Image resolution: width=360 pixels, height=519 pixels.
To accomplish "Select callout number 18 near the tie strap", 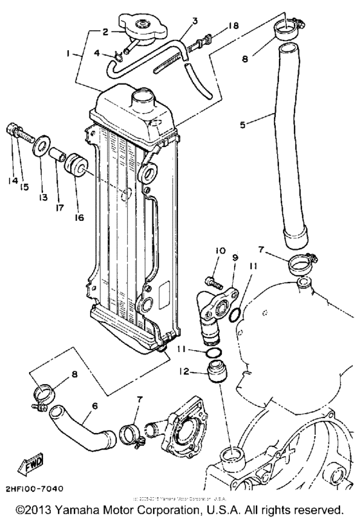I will [195, 21].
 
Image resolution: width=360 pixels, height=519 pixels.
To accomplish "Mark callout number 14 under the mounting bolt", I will [12, 181].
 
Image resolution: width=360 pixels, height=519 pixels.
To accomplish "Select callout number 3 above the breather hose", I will [195, 21].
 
